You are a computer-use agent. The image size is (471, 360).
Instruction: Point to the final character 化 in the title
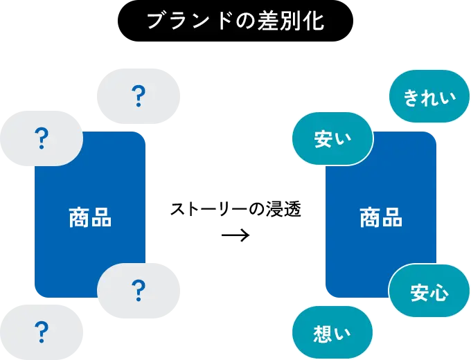click(314, 21)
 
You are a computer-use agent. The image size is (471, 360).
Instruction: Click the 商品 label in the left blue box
click(90, 217)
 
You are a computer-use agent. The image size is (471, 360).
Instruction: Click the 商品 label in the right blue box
click(381, 217)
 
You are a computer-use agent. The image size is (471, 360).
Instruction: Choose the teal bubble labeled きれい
click(429, 97)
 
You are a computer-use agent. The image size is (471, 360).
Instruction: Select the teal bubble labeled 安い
click(332, 138)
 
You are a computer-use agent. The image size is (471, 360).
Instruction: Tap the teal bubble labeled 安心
click(429, 291)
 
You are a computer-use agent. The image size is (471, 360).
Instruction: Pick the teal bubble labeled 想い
click(332, 333)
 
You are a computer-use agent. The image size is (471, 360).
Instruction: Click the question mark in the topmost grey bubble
click(139, 96)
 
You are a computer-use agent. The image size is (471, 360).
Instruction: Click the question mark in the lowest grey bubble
click(42, 332)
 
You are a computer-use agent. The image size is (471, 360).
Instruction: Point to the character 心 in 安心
click(439, 292)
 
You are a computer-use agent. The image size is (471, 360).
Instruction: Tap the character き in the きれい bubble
click(411, 98)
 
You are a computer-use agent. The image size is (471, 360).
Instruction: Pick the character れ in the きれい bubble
click(429, 98)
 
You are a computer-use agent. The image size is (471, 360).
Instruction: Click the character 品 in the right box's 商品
click(392, 217)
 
